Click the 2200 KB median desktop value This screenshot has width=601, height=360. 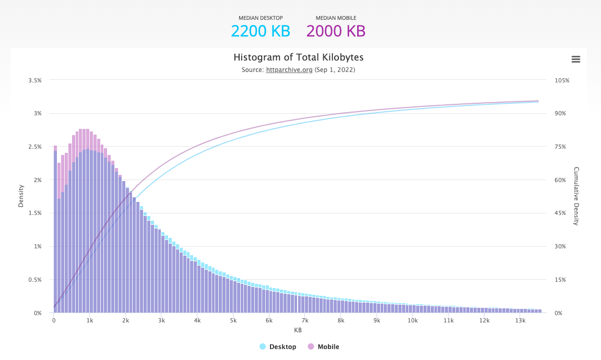coord(260,31)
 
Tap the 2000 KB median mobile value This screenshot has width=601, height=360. coord(336,31)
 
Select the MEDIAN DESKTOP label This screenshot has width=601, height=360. coord(260,18)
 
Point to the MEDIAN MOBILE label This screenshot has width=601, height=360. coord(336,18)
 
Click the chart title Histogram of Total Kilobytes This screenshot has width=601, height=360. coord(298,57)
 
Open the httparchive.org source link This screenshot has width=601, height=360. coord(289,70)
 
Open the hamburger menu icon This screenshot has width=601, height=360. coord(576,59)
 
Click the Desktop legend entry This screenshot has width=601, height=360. coord(278,347)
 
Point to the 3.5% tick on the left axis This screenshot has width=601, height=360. coord(35,80)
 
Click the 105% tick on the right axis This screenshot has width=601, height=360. coord(562,80)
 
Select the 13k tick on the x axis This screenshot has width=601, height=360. coord(520,320)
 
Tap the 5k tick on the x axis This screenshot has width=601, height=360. coord(233,320)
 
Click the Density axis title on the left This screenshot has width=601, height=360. coord(21,196)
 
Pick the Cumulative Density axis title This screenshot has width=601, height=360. coord(576,196)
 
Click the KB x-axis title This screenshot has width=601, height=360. coord(298,330)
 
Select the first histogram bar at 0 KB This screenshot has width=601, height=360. coord(55,230)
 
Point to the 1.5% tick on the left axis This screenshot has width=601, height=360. coord(35,213)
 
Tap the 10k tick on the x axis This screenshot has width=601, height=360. coord(413,320)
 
